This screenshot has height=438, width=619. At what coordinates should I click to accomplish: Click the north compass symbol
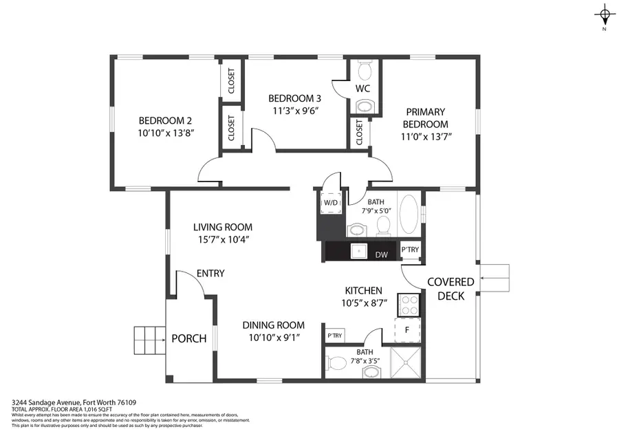click(x=604, y=16)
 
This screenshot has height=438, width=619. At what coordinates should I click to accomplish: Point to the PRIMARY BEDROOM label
click(x=425, y=111)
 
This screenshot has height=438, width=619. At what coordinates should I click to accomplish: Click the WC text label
click(x=364, y=89)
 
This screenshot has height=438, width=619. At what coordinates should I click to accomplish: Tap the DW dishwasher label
click(x=381, y=254)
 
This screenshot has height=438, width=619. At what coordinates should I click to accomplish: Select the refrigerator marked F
click(x=407, y=329)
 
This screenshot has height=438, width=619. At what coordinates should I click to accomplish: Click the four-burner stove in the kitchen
click(x=407, y=305)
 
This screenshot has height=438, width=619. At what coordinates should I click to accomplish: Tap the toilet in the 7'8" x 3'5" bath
click(x=338, y=363)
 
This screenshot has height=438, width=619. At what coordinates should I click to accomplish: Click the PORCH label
click(x=188, y=338)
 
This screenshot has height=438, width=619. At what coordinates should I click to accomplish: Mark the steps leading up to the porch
click(x=149, y=338)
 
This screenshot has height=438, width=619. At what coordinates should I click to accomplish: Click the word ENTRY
click(x=210, y=273)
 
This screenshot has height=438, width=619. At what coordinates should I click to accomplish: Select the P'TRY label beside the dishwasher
click(x=409, y=249)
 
